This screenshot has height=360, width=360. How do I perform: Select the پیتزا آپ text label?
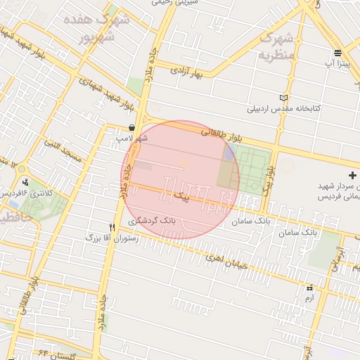(337, 64)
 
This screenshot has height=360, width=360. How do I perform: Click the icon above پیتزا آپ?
(338, 53)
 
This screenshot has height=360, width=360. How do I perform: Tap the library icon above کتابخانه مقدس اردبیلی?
(283, 98)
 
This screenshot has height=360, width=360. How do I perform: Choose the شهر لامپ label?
(132, 139)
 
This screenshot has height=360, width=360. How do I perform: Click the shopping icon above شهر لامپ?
(132, 127)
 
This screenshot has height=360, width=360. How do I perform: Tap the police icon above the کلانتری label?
(25, 182)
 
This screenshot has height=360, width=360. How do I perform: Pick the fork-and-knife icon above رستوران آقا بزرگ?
(112, 227)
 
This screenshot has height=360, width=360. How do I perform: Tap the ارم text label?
(309, 299)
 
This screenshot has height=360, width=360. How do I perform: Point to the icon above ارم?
(310, 288)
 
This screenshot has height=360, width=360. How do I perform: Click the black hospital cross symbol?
(352, 174)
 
